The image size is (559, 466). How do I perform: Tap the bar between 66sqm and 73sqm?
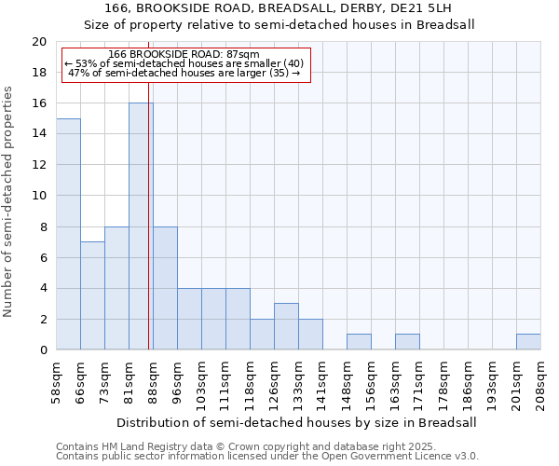coord(92,295)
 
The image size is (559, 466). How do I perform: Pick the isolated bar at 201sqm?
coord(528,342)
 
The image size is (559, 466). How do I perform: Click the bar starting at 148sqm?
coord(359,342)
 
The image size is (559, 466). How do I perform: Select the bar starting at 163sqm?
coord(407,342)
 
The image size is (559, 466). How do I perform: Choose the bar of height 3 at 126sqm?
coord(286,326)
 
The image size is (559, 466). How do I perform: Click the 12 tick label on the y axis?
coord(38,165)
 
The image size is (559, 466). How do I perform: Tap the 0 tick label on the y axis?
coord(42,350)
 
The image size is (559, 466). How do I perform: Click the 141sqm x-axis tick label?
coord(322,383)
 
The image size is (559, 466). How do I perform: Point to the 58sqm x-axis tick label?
coord(56,383)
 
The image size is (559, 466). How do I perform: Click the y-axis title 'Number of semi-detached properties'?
coord(9,201)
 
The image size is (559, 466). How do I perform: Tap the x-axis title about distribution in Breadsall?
coord(298,422)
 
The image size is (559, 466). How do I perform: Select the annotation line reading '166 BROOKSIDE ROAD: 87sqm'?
coord(184,55)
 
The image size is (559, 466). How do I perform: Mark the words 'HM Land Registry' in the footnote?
coord(142,446)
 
